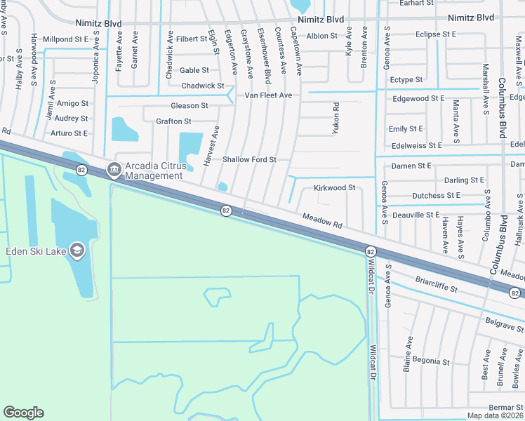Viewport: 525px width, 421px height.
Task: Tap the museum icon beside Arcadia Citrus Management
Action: pos(113,169)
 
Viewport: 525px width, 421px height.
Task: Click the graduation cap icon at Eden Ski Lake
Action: pos(77,250)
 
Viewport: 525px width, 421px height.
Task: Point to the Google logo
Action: pos(23,413)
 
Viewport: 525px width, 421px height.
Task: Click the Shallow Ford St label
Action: pos(249,159)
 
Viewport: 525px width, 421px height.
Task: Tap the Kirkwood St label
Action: pos(334,188)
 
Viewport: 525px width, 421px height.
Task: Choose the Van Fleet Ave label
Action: pos(267,95)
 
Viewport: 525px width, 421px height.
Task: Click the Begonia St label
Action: pos(431,362)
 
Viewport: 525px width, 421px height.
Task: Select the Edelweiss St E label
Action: pos(416,145)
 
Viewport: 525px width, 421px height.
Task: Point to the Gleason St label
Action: pos(190,106)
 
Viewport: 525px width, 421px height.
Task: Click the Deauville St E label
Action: pos(416,215)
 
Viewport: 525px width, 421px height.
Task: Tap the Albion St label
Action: pos(322,35)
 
